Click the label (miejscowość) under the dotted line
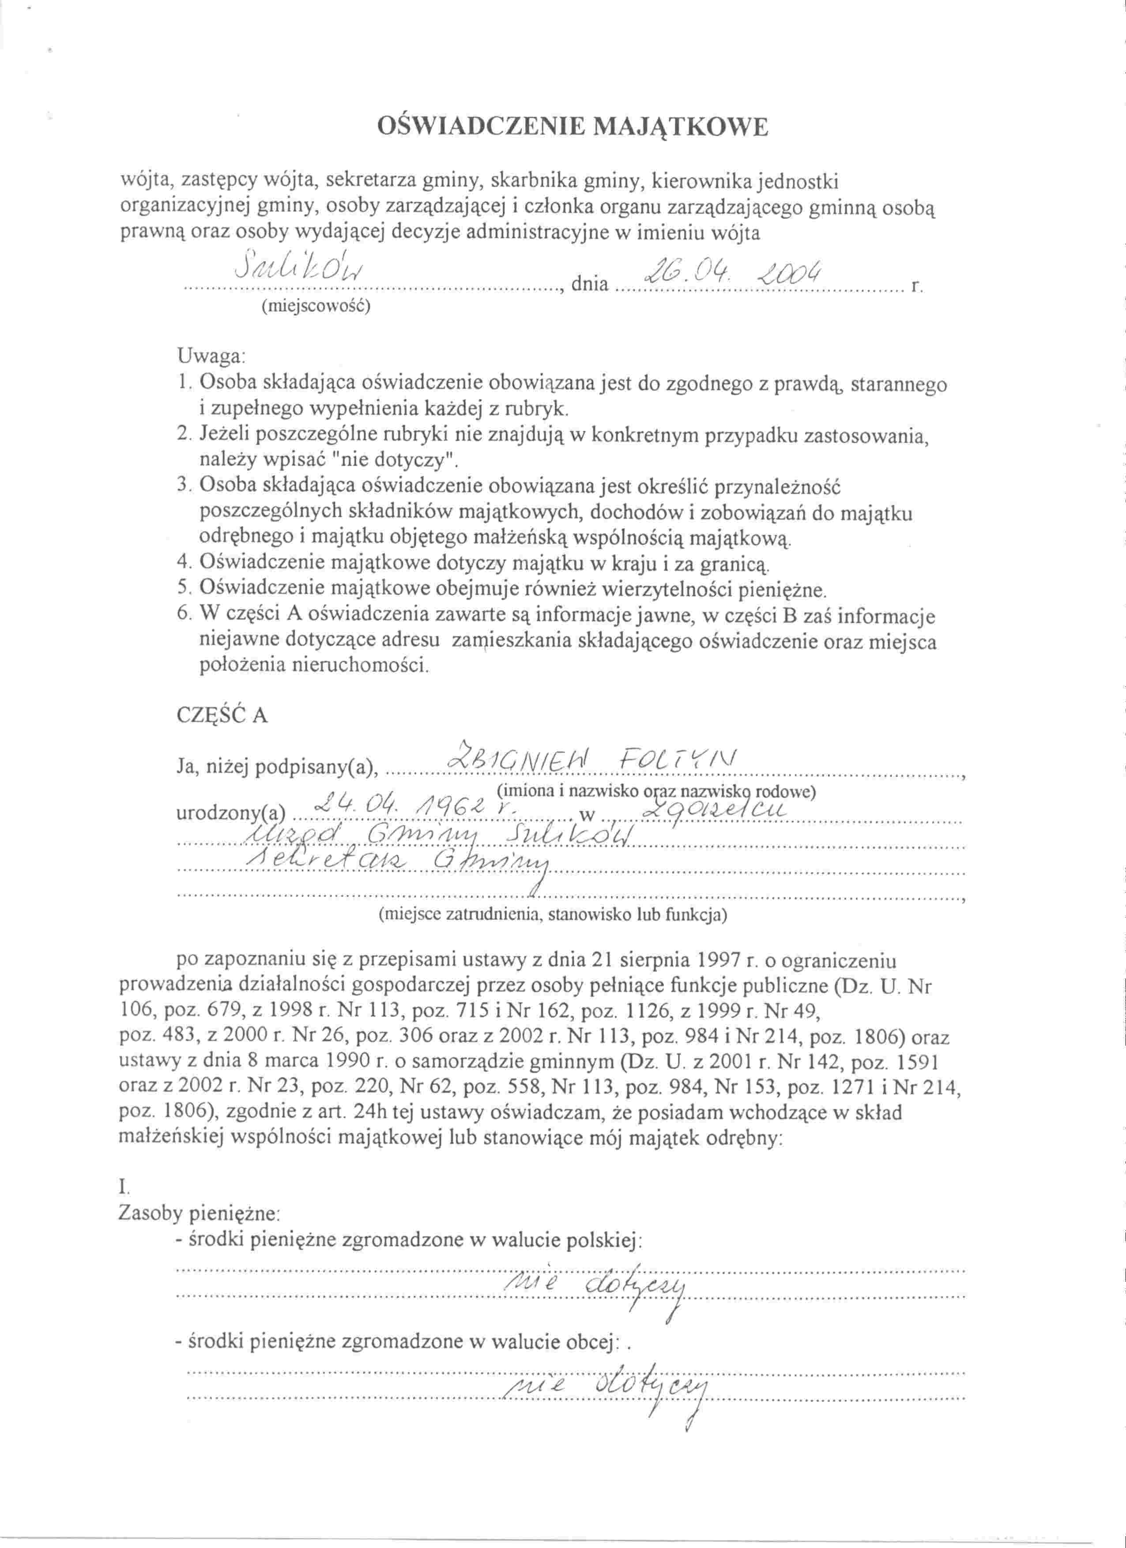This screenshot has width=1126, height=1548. coord(315,306)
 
